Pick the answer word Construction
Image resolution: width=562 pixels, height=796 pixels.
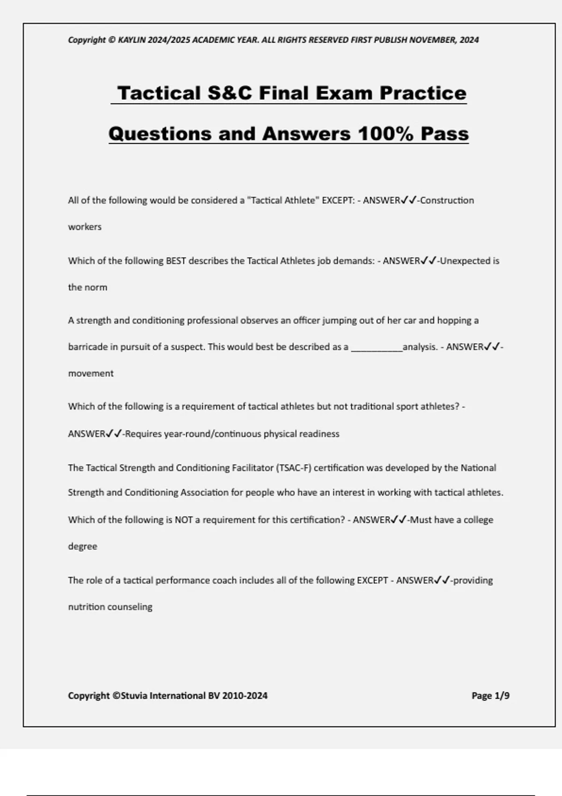point(447,200)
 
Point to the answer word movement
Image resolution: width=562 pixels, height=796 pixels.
point(91,374)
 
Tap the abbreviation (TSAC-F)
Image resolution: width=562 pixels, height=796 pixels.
point(294,468)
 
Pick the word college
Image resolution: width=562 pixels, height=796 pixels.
point(478,520)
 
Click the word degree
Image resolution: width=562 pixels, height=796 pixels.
point(82,546)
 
